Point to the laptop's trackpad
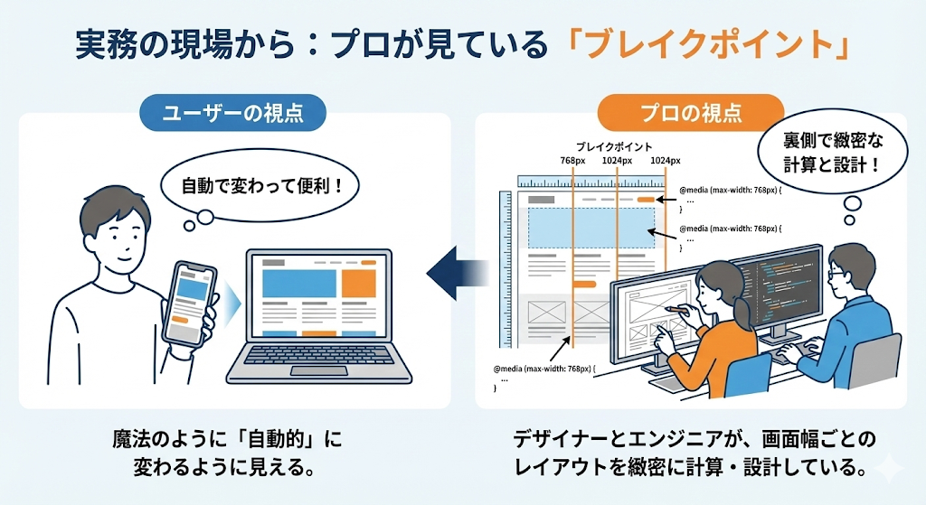[x=318, y=370]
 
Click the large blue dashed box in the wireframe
[x=592, y=228]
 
